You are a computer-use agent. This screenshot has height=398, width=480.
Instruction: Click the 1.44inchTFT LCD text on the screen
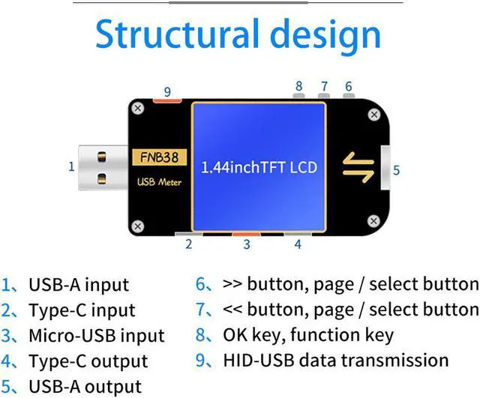coord(260,167)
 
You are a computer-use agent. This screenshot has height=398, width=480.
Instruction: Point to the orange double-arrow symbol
coord(358,166)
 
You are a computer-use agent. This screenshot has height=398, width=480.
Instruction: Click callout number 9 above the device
coord(167,92)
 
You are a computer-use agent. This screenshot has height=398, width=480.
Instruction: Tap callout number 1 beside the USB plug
coord(72,166)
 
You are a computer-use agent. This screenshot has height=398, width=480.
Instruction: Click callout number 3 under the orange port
coord(246,244)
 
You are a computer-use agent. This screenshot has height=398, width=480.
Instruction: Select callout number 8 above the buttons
coord(299,86)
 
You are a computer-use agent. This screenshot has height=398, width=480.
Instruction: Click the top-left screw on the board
coord(137,109)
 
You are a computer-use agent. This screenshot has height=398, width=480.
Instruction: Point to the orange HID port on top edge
coord(166,101)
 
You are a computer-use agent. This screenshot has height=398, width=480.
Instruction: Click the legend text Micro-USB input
coord(97,336)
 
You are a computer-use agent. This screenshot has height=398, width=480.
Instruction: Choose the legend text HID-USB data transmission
coord(335,360)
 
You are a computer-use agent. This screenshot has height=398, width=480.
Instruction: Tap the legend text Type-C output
coord(88,361)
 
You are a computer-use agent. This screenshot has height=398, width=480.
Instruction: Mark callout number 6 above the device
coord(348,86)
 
